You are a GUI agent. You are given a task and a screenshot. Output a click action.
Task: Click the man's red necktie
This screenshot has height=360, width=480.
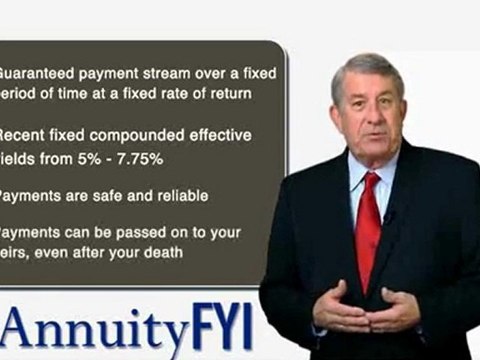[368, 225]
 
